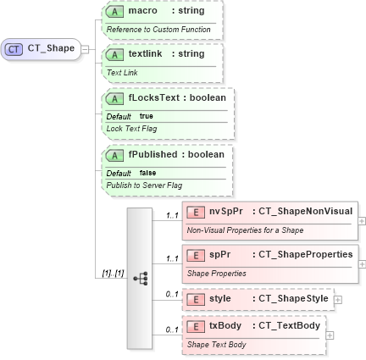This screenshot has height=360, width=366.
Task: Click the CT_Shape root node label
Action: [x=51, y=48]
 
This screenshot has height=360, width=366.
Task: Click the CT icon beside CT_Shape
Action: [x=15, y=49]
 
